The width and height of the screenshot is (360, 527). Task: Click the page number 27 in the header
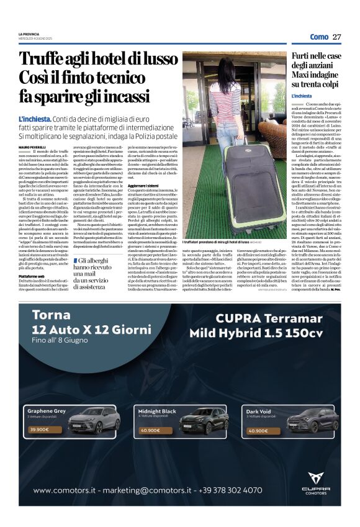[337, 37]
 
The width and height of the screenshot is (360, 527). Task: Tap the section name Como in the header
[319, 37]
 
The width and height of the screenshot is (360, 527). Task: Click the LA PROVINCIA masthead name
[29, 34]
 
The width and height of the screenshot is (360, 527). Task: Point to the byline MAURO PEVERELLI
[34, 146]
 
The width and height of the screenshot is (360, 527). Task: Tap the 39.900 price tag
[38, 429]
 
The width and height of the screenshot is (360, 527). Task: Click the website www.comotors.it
[68, 490]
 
